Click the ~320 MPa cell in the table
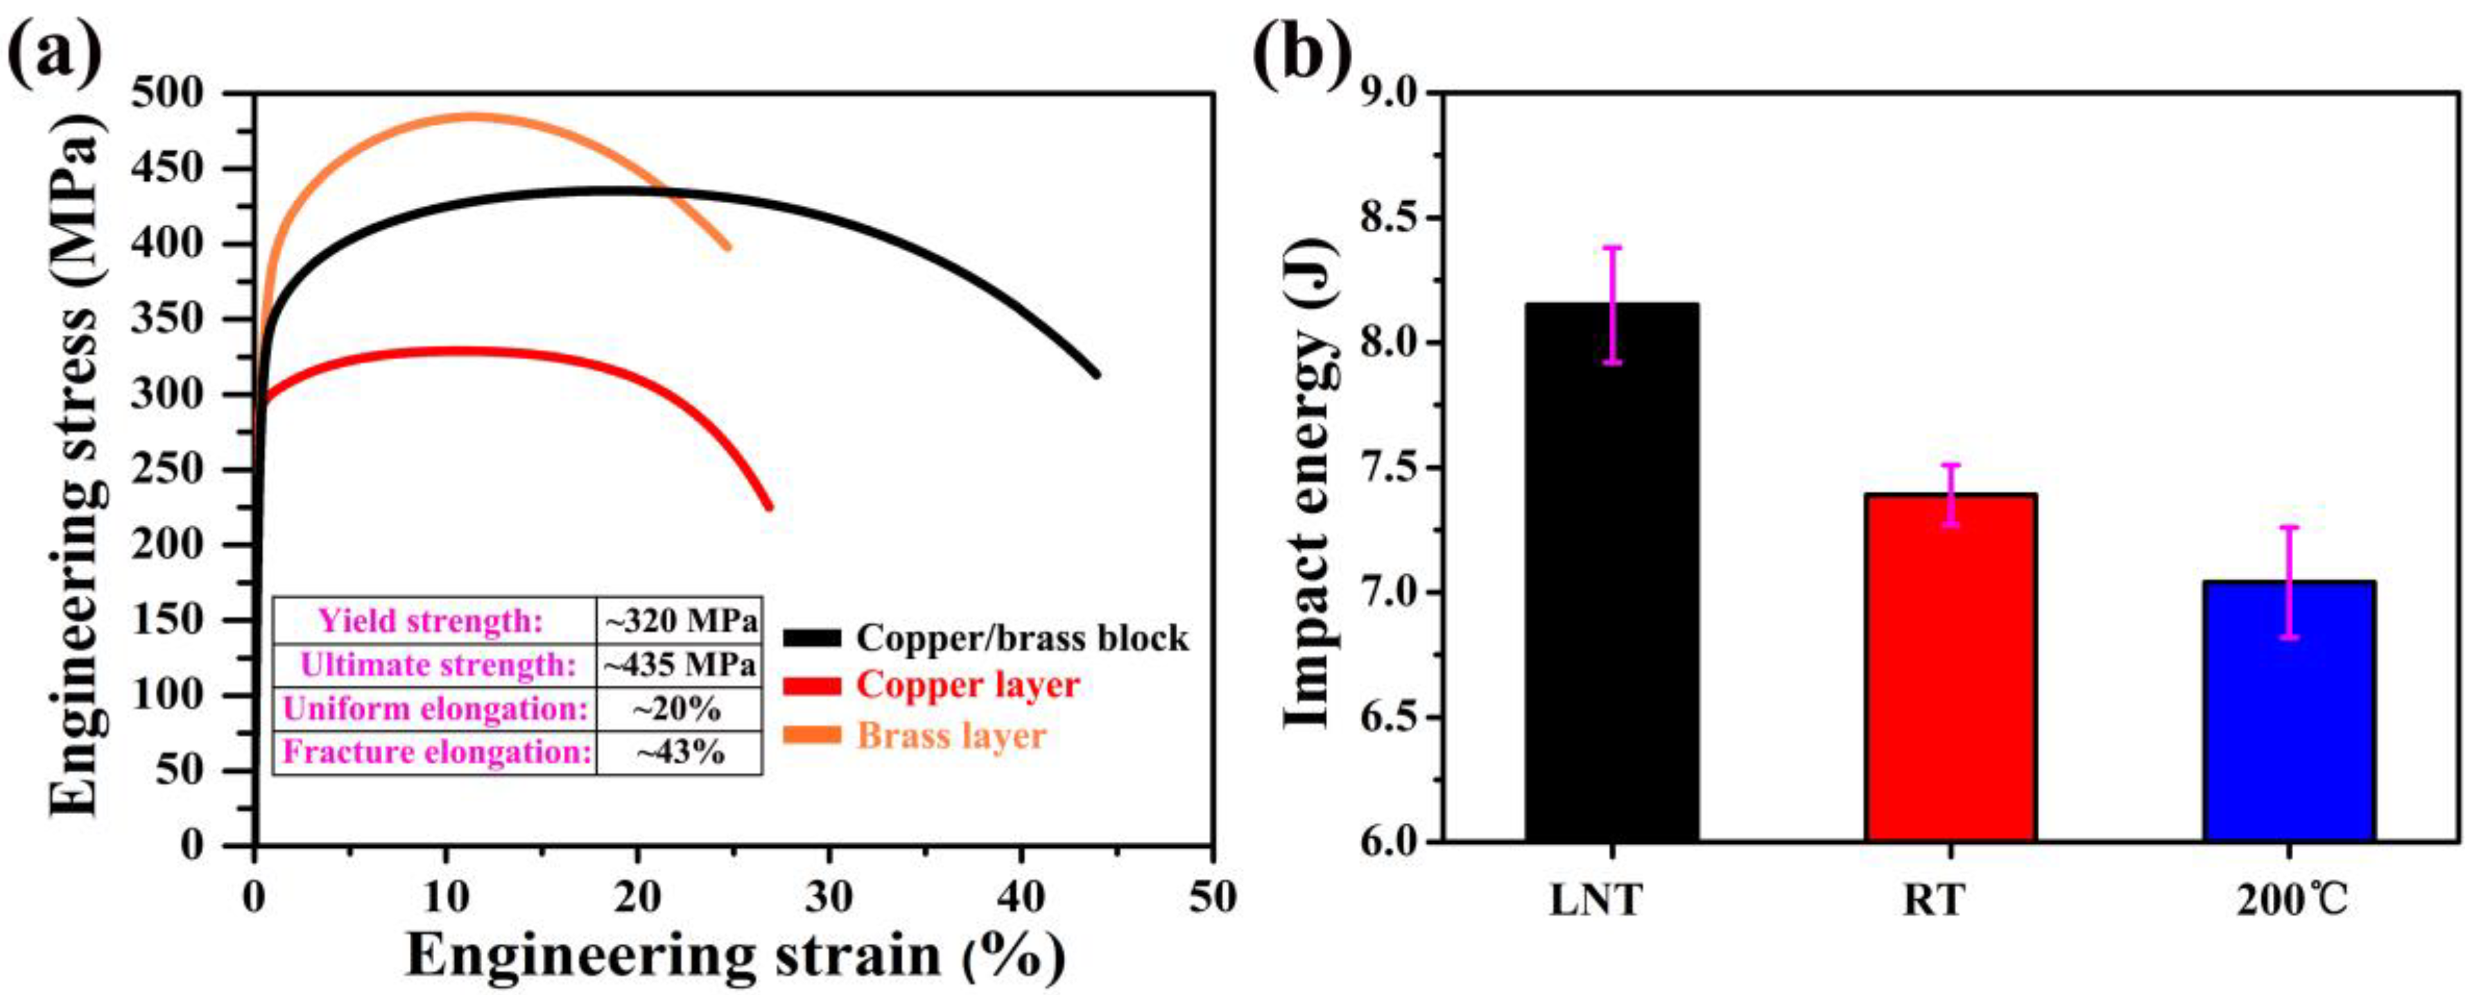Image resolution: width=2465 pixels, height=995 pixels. pyautogui.click(x=680, y=621)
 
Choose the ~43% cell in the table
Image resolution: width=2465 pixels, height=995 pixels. pyautogui.click(x=680, y=752)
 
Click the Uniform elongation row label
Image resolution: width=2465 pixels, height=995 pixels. pyautogui.click(x=435, y=709)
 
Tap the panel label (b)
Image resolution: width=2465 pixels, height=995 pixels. pyautogui.click(x=1301, y=53)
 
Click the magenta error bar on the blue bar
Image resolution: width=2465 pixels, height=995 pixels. pyautogui.click(x=2289, y=581)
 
